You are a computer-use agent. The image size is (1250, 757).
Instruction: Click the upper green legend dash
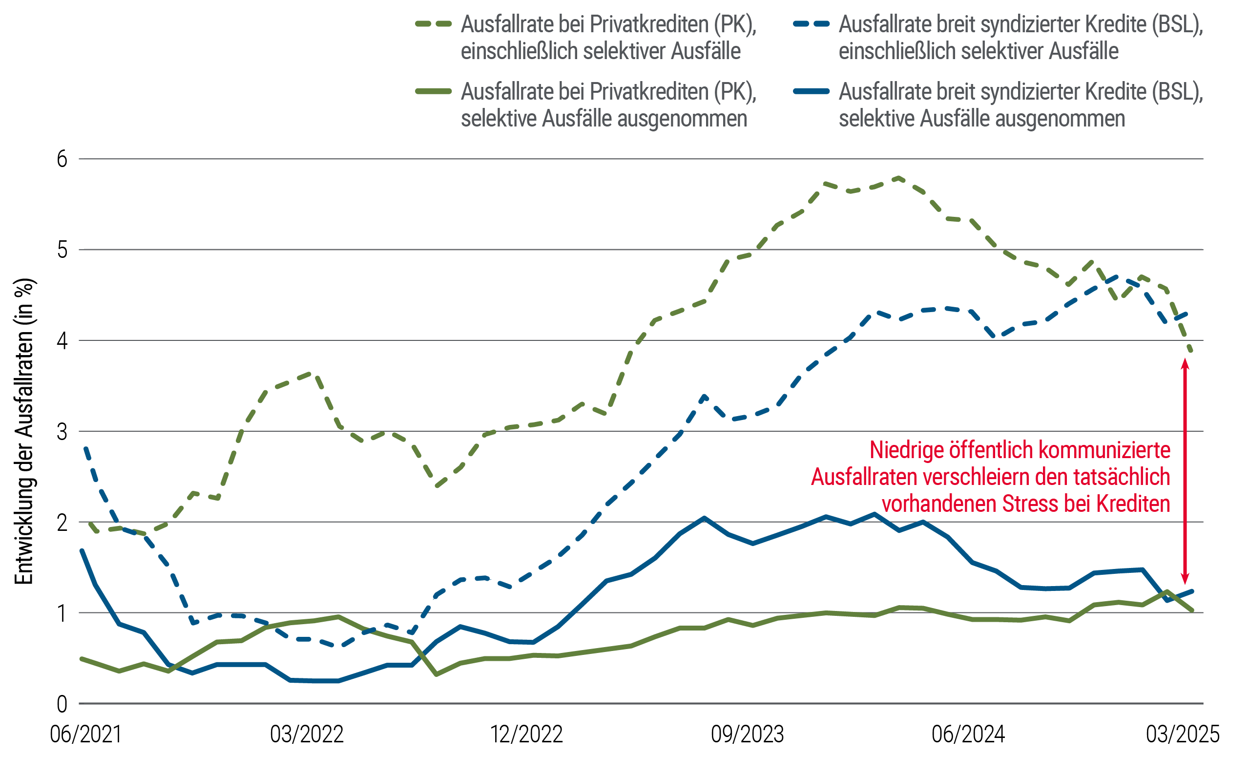439,24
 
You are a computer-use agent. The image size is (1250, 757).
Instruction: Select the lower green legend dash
439,91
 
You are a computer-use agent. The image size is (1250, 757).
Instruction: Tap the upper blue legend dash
817,24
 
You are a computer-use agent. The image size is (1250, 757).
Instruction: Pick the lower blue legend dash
817,91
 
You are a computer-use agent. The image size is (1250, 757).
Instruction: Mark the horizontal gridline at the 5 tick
507,250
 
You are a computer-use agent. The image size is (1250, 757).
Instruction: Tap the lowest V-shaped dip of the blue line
168,666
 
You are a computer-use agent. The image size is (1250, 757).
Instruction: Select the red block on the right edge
1216,472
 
